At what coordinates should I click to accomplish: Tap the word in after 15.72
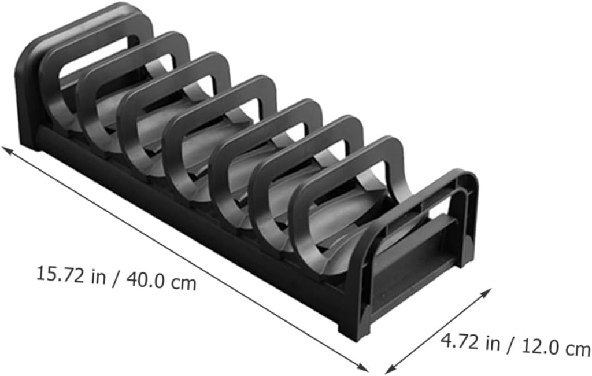point(98,277)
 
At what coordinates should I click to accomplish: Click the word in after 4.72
point(492,344)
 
